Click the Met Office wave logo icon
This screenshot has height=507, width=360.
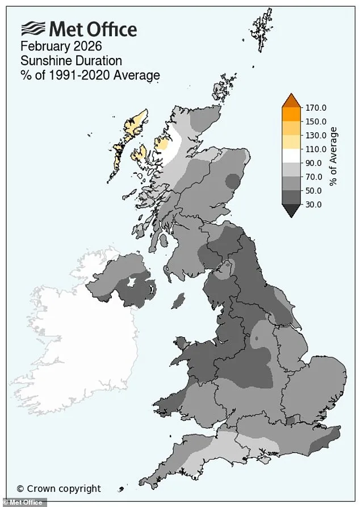pos(34,28)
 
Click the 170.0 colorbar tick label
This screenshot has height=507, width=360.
pos(316,107)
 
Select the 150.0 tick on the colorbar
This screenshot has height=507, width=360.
pos(316,121)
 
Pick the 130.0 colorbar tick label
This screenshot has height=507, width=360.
pos(316,135)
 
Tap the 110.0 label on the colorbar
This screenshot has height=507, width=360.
pos(316,149)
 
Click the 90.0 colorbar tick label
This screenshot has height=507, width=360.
pos(314,163)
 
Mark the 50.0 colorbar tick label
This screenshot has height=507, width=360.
pos(314,191)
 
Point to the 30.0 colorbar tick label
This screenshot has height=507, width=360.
pos(314,204)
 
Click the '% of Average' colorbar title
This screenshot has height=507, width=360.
pos(334,156)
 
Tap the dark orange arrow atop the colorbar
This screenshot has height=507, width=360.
pos(292,100)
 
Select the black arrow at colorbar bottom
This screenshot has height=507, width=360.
pos(292,211)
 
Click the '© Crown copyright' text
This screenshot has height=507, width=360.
pos(58,488)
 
